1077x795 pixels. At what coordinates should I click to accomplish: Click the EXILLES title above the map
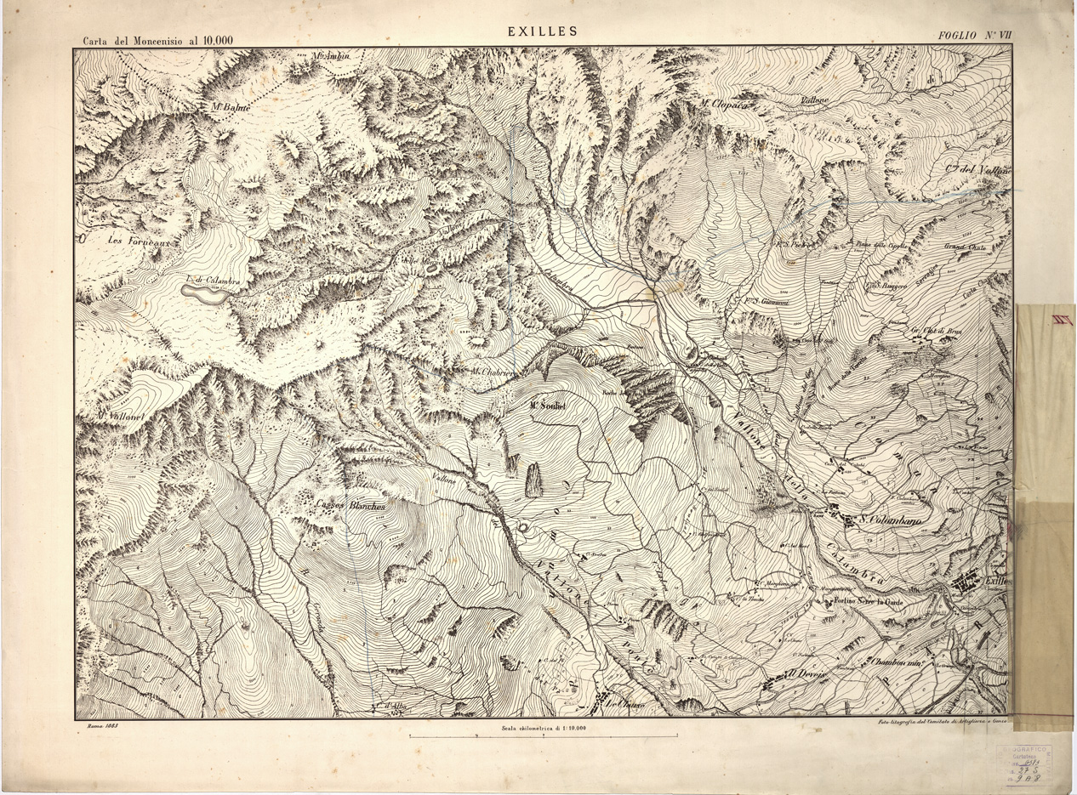tap(542, 31)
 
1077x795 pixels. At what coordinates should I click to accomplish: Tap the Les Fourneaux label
tap(140, 241)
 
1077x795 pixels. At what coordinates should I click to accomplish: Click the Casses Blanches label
tap(350, 506)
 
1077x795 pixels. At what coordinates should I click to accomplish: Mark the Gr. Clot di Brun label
tap(937, 330)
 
